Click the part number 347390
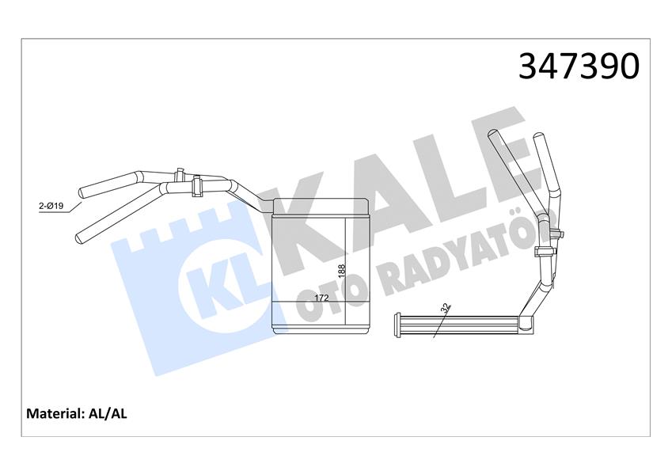click(578, 66)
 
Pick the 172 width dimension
click(322, 298)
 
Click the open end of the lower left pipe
click(79, 236)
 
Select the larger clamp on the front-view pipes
click(198, 187)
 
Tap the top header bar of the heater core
click(321, 207)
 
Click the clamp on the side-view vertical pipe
click(544, 252)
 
